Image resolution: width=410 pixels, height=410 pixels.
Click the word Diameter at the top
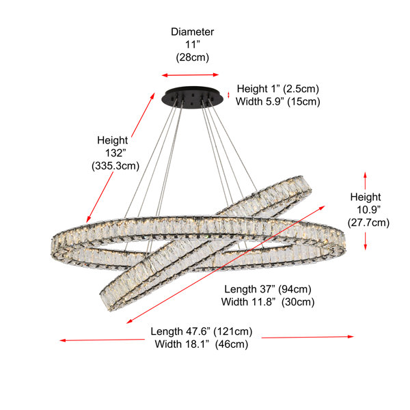point(192,32)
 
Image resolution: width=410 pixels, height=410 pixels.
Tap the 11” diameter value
point(193,44)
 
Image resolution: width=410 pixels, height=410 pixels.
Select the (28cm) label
point(193,57)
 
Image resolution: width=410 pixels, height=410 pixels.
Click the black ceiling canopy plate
point(193,97)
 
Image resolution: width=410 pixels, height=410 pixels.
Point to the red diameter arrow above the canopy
point(190,75)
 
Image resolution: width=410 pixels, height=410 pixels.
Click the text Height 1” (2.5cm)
point(278,89)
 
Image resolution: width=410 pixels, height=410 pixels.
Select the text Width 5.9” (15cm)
point(278,101)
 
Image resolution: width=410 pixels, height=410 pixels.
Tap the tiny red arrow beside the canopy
point(228,95)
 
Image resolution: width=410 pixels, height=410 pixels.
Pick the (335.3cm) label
point(115,166)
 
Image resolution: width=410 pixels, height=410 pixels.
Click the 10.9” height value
point(368,210)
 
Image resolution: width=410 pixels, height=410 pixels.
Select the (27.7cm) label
point(368,223)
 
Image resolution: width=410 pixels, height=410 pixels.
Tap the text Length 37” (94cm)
point(268,289)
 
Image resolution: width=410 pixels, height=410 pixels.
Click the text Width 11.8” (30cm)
point(268,302)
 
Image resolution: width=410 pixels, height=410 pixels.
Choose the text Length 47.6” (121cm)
point(202,331)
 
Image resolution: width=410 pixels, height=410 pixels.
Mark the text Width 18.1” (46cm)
point(202,344)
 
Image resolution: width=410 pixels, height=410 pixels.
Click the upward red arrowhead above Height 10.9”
point(366,175)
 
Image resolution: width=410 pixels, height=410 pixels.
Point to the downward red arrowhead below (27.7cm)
point(366,247)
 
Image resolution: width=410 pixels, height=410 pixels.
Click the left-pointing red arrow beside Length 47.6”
point(102,340)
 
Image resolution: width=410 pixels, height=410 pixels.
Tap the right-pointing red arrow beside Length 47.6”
point(307,337)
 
